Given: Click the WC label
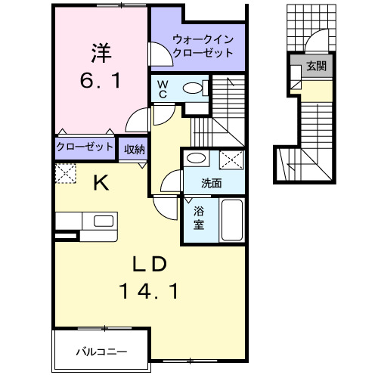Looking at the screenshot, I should point(163,90).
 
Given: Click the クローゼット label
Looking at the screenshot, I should point(84,147).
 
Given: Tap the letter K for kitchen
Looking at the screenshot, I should point(101,181).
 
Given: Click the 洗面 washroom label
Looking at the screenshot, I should point(212,183).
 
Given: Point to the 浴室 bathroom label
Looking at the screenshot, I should point(197,218).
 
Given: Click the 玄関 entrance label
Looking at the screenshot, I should point(316,67).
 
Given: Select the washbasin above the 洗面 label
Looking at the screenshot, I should point(197,158).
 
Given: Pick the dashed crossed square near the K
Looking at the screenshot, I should point(65,173).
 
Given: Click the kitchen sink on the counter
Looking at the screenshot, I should point(101,221).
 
